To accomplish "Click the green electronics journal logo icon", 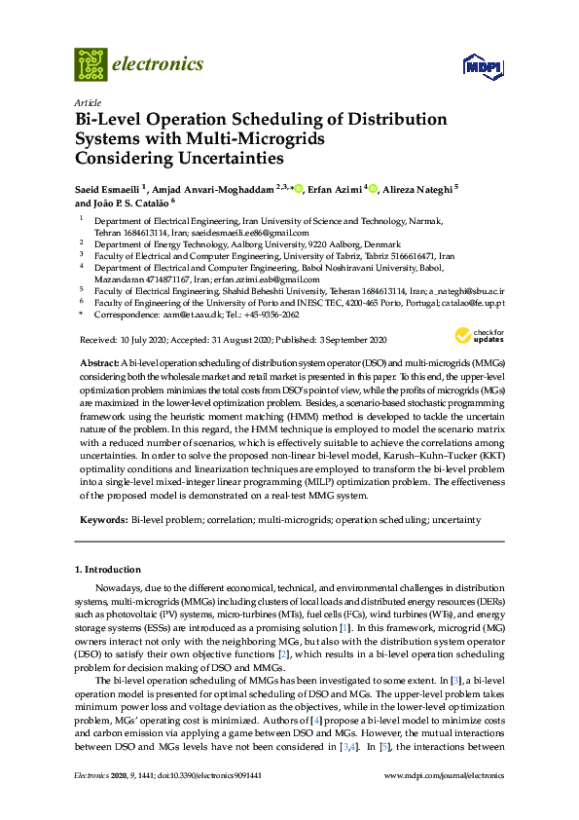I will click(x=90, y=64).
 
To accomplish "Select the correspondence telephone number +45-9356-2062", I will click(x=272, y=316).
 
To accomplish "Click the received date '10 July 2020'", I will click(x=146, y=339).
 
